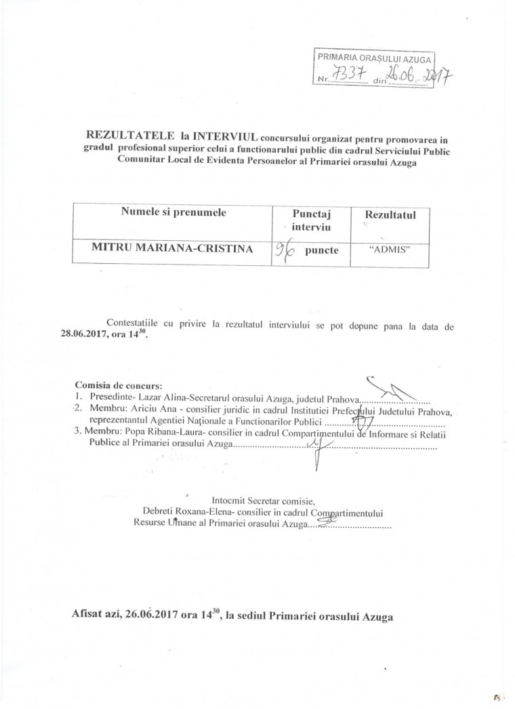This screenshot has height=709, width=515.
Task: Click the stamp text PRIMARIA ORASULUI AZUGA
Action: click(376, 60)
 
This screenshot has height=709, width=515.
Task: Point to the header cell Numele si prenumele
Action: click(173, 212)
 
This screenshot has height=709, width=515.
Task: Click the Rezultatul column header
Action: click(390, 215)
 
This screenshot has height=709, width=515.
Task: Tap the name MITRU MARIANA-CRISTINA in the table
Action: click(172, 248)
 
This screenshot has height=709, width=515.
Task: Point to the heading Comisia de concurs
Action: click(114, 385)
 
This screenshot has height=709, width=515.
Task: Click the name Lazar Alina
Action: click(159, 398)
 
